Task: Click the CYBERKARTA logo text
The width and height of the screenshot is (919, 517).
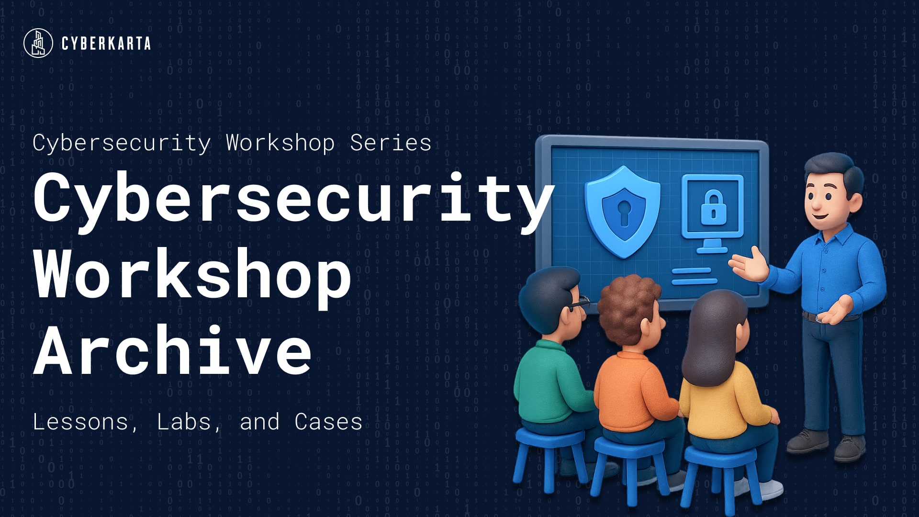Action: coord(106,44)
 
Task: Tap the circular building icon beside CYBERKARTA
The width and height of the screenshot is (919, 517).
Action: coord(38,43)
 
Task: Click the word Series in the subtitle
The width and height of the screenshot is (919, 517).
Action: coord(391,143)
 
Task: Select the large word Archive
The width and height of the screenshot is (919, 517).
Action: coord(173,349)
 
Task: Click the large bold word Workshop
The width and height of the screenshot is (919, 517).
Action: coord(193,274)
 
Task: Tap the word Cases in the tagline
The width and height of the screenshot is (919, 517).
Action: coord(328,422)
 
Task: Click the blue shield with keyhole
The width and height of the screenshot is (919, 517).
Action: coord(623,211)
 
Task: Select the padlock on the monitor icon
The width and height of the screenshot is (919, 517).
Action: coord(713,208)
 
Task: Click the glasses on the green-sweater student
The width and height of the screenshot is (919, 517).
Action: coord(578,303)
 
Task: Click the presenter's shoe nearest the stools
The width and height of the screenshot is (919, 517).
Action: coord(807,441)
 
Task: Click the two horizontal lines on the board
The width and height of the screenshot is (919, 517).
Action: coord(695,276)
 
